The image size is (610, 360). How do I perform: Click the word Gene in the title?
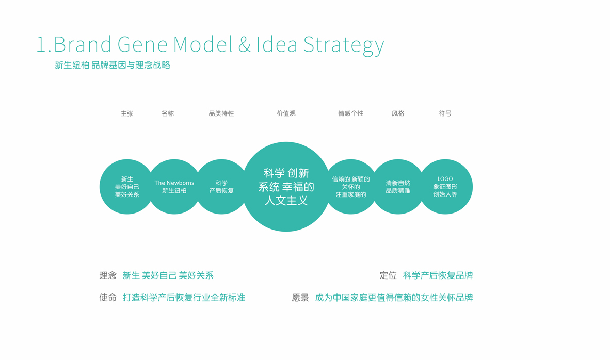point(142,44)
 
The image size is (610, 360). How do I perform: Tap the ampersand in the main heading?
point(244,44)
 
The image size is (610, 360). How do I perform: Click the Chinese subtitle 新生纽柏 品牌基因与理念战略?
point(113,66)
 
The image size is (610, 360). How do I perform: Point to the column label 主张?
point(127,113)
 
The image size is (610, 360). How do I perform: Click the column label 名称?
point(168,113)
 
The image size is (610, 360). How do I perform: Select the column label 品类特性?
point(221,113)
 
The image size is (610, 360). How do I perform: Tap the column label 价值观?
point(286,113)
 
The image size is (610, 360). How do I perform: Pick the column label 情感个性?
point(350,113)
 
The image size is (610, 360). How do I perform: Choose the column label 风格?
point(397,113)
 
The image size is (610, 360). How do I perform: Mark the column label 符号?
point(445,113)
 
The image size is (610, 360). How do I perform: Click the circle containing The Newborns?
point(174,187)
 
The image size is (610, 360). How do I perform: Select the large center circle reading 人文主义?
point(286,187)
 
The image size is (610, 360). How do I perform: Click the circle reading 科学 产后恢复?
point(221,187)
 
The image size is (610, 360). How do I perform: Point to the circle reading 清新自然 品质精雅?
point(397,187)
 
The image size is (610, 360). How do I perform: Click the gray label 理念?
point(108,275)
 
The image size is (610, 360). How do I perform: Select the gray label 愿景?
point(300,298)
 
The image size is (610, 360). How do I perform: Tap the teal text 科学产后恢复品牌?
point(438,275)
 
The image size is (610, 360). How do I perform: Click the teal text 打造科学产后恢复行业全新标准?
point(184,298)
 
